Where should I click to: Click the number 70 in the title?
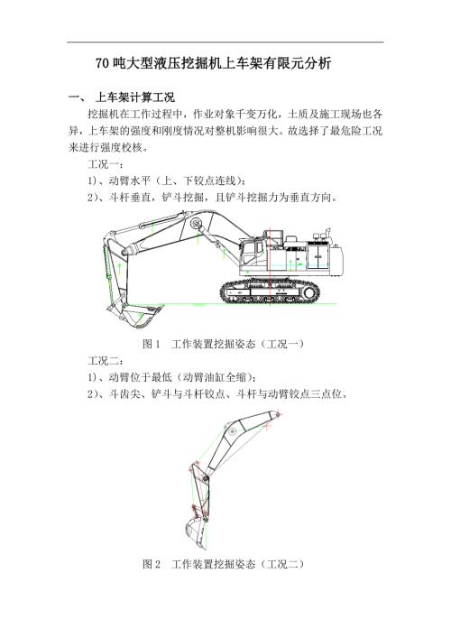pos(102,64)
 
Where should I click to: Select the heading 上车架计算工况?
pos(135,97)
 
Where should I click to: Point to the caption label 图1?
pos(151,345)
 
